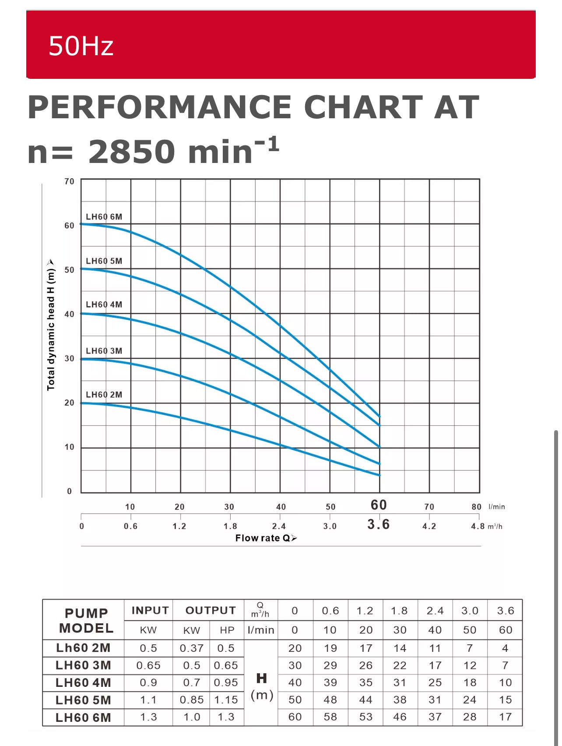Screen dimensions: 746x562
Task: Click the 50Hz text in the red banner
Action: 81,46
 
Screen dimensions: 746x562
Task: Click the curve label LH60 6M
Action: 104,217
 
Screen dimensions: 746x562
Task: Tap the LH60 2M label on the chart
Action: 104,395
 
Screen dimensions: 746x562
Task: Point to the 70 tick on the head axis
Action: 69,181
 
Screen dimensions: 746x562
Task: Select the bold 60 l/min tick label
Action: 379,505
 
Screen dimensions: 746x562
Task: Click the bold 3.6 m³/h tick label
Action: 379,524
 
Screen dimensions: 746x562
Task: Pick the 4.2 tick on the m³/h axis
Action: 429,527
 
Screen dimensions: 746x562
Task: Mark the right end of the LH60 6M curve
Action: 379,416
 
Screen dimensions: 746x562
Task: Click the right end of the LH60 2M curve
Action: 379,475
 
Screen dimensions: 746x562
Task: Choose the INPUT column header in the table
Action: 150,611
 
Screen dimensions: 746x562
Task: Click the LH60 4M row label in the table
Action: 83,683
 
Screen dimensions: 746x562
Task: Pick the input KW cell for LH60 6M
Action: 148,717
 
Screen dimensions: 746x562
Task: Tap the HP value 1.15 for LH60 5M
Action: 226,700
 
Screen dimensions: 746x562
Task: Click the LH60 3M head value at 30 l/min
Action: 400,665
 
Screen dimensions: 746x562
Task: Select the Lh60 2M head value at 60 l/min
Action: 505,648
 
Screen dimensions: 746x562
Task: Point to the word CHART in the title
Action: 363,107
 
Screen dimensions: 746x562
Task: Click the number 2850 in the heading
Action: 132,152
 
